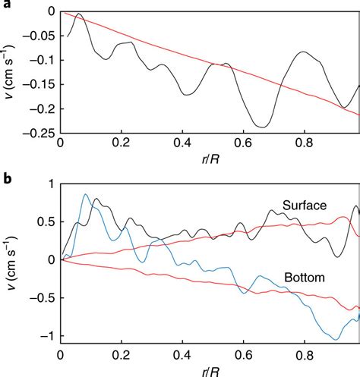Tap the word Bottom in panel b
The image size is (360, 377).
click(305, 278)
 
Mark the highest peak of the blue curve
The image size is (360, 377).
click(85, 194)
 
